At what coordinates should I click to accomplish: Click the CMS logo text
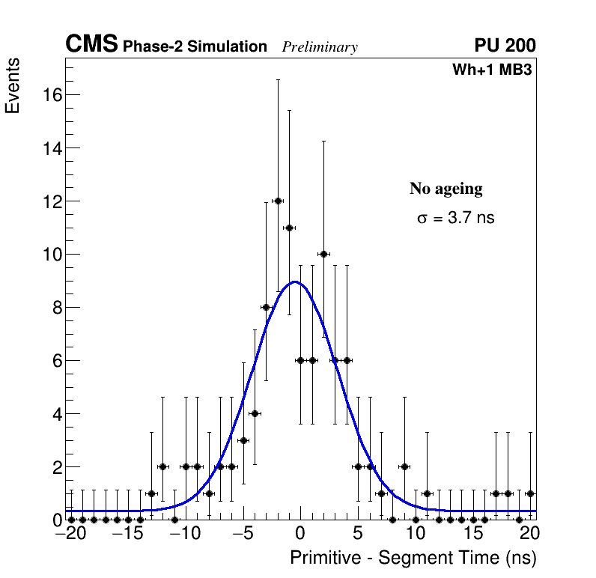(91, 45)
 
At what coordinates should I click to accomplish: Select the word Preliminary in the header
(320, 47)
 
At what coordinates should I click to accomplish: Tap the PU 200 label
(505, 46)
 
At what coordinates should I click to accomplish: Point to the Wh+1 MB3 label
(492, 70)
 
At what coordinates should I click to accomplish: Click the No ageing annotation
(446, 189)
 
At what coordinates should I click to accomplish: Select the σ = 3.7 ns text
(456, 219)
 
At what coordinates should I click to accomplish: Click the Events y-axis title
(13, 85)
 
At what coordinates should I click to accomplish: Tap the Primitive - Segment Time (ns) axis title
(413, 558)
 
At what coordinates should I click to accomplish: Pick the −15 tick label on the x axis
(127, 535)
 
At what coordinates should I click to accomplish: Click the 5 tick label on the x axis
(358, 535)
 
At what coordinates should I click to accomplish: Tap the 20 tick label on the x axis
(529, 535)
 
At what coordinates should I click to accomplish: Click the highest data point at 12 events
(278, 201)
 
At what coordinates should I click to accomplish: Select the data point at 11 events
(289, 228)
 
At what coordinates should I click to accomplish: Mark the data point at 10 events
(323, 254)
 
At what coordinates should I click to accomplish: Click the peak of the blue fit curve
(296, 282)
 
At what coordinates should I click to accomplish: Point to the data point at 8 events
(266, 307)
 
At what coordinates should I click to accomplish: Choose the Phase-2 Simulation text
(195, 47)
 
